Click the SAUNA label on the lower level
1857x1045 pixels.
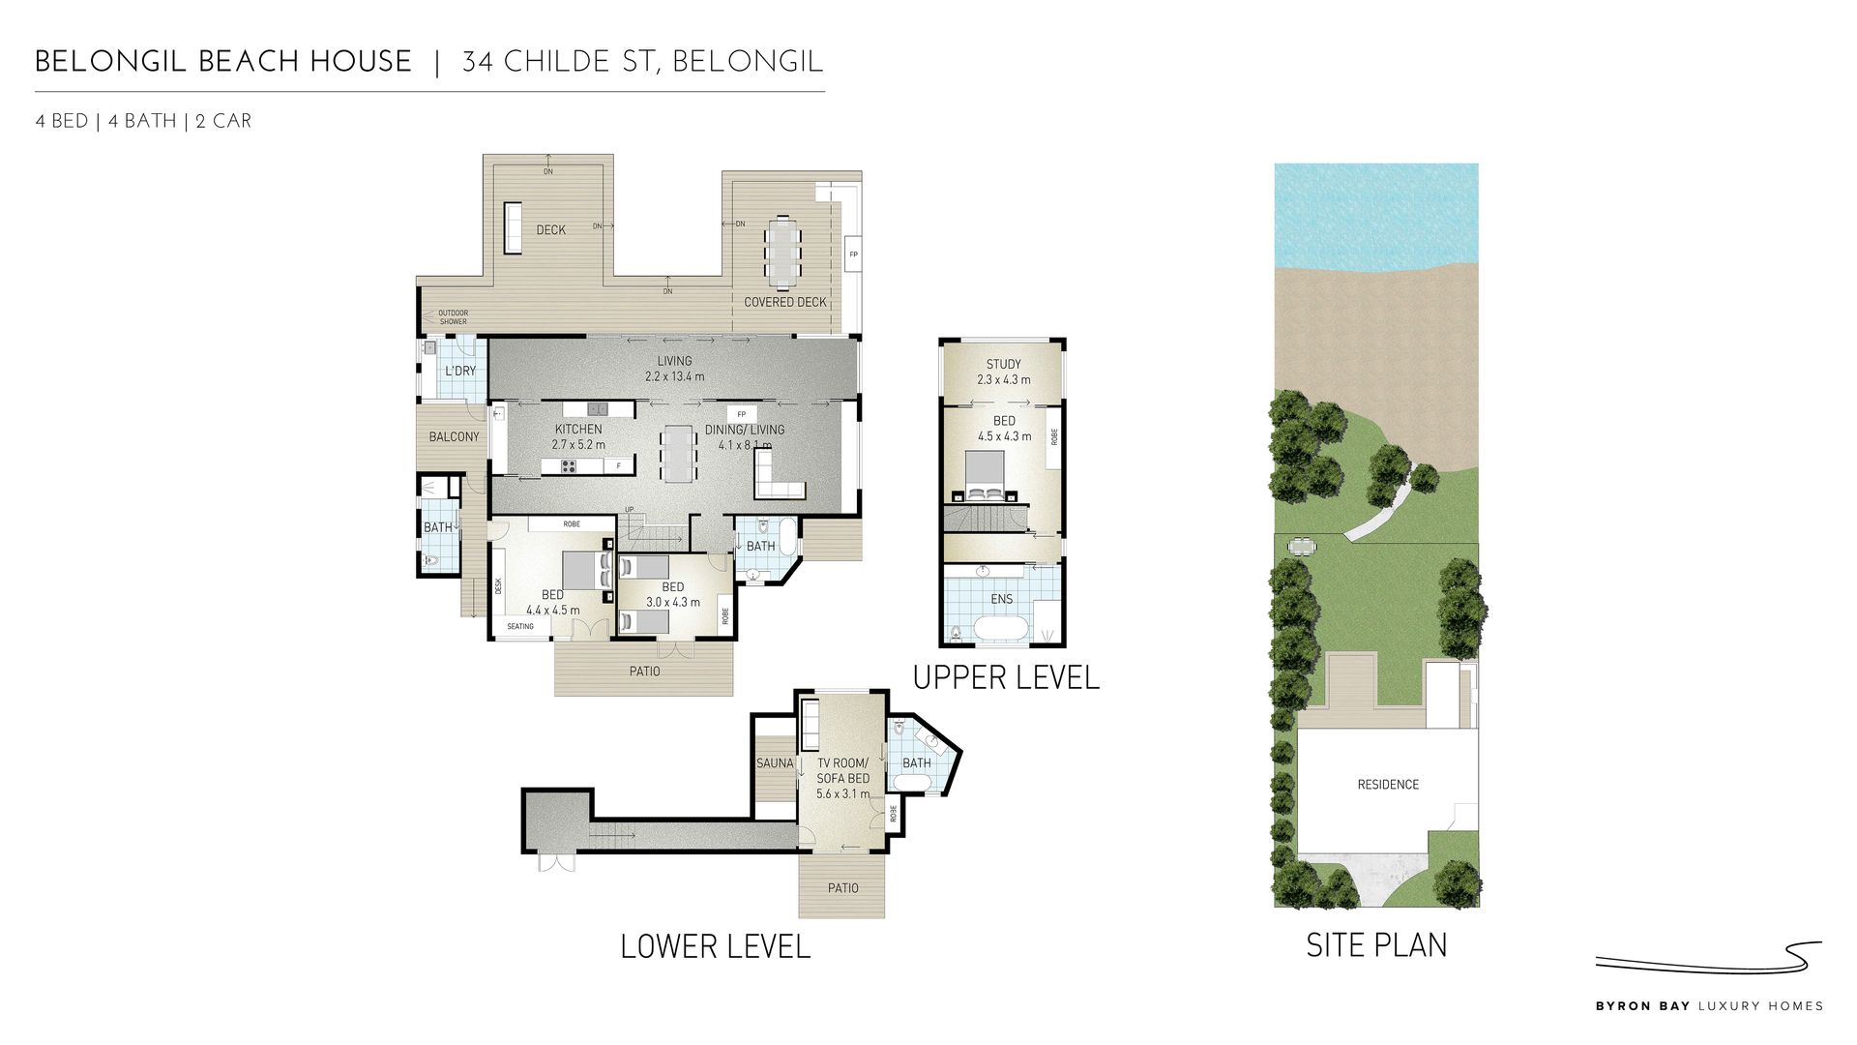coord(775,763)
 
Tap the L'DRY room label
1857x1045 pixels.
coord(460,371)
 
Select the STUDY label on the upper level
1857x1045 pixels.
coord(1004,365)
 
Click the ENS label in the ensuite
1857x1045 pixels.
coord(1002,599)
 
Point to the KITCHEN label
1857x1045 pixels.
coord(578,429)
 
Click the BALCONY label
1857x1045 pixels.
coord(454,436)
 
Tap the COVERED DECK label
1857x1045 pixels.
coord(785,302)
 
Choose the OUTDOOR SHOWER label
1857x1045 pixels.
coord(453,317)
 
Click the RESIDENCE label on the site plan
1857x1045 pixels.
coord(1388,785)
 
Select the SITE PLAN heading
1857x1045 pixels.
coord(1376,944)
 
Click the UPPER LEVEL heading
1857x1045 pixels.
coord(1006,677)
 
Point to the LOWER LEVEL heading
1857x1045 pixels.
coord(715,946)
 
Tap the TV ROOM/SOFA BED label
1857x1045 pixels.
coord(843,770)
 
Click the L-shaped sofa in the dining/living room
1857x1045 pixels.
coord(778,478)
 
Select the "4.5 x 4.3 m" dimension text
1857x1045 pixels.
coord(1004,436)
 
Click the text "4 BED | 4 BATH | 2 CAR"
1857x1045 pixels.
coord(143,121)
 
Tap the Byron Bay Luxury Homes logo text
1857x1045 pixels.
coord(1709,1006)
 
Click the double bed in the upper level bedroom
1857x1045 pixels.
coord(987,477)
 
